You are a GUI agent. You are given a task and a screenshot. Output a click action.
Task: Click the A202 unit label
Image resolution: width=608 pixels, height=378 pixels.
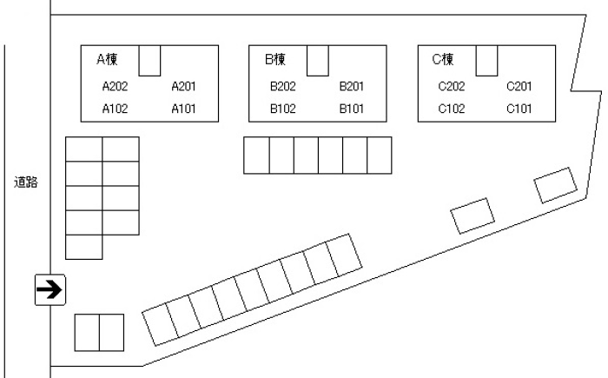(x=115, y=86)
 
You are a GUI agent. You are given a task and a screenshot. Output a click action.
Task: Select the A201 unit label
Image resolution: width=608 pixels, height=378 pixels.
(x=184, y=86)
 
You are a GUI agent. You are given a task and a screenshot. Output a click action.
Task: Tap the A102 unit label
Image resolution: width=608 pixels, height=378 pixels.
(x=115, y=109)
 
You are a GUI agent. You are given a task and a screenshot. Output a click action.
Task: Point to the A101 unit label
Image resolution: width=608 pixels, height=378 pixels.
(x=184, y=109)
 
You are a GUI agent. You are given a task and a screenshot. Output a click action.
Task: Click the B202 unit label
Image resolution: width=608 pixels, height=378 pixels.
(x=283, y=86)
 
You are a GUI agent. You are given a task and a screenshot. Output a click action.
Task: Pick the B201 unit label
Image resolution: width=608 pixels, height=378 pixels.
(x=352, y=86)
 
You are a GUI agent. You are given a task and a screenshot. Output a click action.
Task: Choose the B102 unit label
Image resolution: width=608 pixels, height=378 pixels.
(x=283, y=109)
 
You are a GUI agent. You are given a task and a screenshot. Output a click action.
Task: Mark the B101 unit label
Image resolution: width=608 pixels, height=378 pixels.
(x=352, y=109)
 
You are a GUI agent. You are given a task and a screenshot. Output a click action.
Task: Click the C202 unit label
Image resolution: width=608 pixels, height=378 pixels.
(x=452, y=86)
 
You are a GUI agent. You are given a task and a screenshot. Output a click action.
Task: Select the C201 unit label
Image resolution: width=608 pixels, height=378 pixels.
(x=519, y=86)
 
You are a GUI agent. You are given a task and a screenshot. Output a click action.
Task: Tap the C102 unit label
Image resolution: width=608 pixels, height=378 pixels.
(x=452, y=109)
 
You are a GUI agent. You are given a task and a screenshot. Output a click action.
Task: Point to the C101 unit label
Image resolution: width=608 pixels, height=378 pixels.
(x=519, y=109)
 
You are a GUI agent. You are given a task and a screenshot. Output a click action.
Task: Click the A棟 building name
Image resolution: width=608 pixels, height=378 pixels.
(x=108, y=60)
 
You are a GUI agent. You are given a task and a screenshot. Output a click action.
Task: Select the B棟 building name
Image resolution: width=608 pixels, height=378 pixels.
(x=275, y=60)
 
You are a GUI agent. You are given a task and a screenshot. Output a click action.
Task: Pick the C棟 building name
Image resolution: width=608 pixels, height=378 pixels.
(x=444, y=60)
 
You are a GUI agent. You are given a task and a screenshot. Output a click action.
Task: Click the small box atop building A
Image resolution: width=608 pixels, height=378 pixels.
(x=150, y=60)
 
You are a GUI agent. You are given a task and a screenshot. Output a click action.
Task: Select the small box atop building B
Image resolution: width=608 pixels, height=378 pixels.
(x=318, y=60)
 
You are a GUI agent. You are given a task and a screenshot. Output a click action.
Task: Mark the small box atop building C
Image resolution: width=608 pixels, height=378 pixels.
(x=486, y=60)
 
